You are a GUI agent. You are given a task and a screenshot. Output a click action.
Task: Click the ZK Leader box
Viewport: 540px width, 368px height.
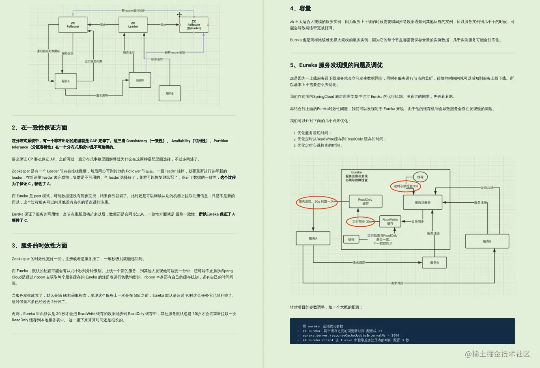[x=133, y=25]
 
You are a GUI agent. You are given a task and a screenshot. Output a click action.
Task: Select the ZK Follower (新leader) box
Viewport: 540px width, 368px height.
[x=194, y=25]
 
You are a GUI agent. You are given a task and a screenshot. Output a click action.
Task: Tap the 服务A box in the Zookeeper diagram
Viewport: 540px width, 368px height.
[x=66, y=81]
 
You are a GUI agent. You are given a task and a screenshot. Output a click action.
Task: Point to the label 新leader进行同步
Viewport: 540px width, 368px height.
[x=133, y=11]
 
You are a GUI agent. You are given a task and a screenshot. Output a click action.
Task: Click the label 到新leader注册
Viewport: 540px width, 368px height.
[x=175, y=52]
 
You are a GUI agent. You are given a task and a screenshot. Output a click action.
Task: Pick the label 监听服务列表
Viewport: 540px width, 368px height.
[x=93, y=61]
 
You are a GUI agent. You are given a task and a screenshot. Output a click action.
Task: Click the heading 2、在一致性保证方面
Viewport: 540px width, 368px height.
[x=39, y=128]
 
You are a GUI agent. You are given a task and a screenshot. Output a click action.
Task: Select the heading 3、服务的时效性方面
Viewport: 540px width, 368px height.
[x=39, y=246]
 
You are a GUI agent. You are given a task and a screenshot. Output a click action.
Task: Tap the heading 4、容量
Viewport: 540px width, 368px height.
[x=301, y=9]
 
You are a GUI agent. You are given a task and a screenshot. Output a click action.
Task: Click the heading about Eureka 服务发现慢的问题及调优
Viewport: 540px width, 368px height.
[x=336, y=65]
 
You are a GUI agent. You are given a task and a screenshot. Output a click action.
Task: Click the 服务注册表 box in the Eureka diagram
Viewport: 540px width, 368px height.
[x=422, y=202]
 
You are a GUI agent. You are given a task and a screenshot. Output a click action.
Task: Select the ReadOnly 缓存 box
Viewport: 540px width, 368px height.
[x=366, y=201]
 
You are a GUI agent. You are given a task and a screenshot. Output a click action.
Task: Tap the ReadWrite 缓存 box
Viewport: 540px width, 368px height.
[x=390, y=221]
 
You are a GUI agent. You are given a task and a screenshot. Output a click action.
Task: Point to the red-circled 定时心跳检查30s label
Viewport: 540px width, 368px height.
[x=406, y=186]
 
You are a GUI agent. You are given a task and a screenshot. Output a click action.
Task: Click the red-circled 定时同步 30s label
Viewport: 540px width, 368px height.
[x=361, y=222]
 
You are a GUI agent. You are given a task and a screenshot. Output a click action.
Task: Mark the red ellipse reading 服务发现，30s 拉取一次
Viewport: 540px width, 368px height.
[x=316, y=201]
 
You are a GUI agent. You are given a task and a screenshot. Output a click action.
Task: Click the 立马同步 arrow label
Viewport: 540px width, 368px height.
[x=417, y=222]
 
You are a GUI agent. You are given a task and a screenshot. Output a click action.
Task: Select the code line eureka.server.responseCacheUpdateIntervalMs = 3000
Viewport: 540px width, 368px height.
[x=351, y=336]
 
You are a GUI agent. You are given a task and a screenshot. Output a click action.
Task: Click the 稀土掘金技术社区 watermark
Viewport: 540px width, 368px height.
[x=497, y=354]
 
